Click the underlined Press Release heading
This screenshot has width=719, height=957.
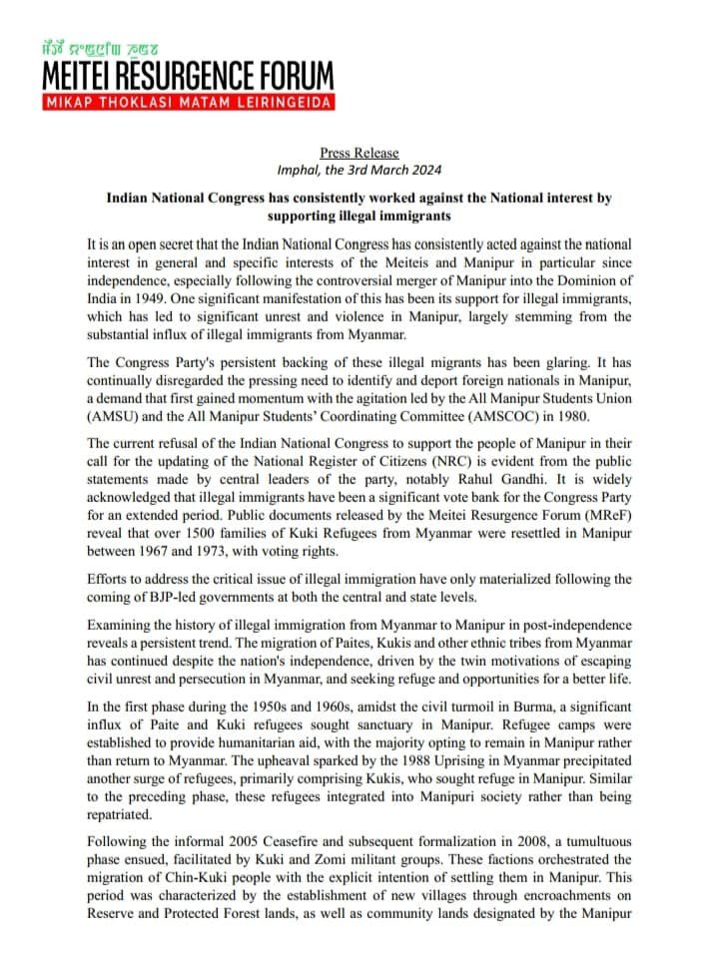(x=359, y=153)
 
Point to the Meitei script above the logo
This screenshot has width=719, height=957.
(x=99, y=46)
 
